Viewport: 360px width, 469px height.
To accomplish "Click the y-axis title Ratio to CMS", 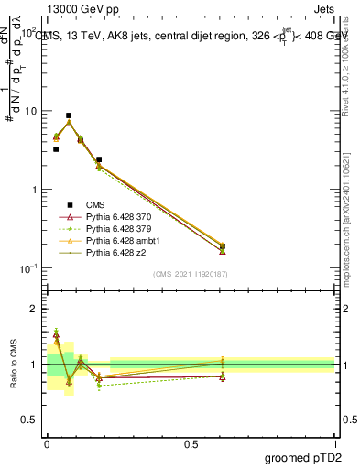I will pos(14,365).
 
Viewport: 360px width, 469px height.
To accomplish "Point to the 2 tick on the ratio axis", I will pos(36,309).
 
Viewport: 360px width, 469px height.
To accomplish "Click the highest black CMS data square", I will pos(69,115).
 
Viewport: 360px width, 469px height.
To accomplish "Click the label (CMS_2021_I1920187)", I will pos(191,274).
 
